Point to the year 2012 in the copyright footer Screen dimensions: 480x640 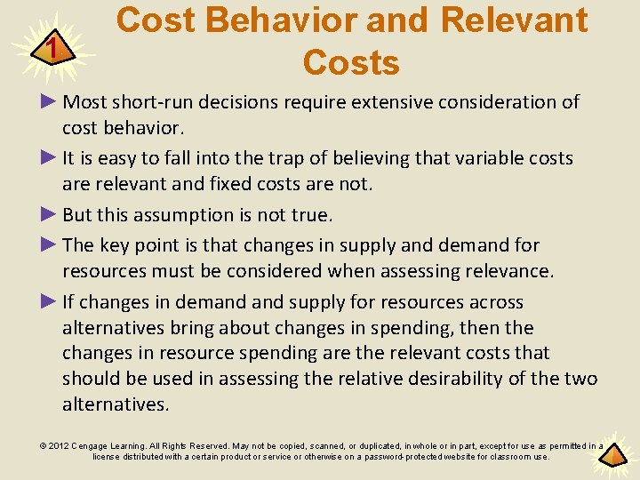[x=60, y=445]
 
